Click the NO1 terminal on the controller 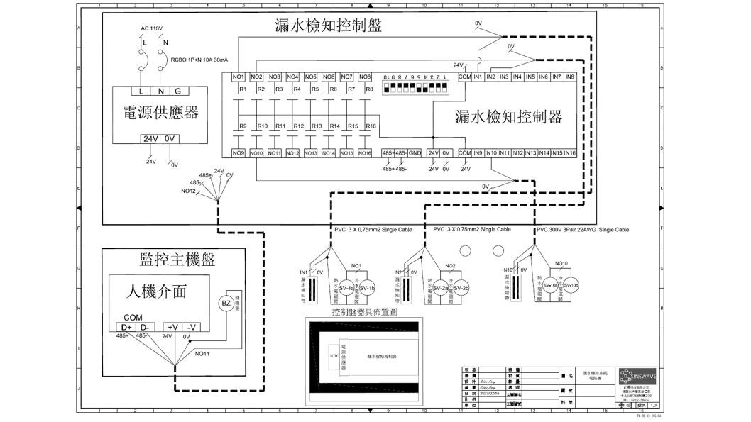pos(239,77)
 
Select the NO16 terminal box pos(364,153)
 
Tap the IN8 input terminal pos(569,77)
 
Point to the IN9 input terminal pos(478,153)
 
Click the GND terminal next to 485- pos(415,153)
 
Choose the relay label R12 pos(298,126)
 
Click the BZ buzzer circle pos(224,304)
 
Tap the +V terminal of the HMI pos(172,326)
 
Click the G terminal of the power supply pos(177,91)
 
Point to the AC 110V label pos(152,28)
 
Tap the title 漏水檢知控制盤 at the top pos(329,26)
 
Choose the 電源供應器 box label pos(160,113)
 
